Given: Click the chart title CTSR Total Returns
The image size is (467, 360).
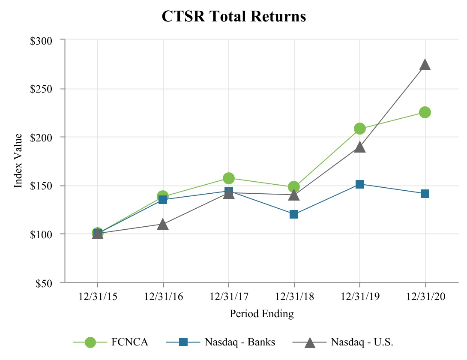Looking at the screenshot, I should (x=233, y=16).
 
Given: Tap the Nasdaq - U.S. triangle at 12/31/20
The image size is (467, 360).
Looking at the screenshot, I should (x=425, y=65).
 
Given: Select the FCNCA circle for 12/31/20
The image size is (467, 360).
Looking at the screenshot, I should (x=425, y=112).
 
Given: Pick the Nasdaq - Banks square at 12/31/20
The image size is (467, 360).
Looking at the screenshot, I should (x=425, y=194).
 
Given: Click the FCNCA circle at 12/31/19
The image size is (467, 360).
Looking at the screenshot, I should (x=360, y=129).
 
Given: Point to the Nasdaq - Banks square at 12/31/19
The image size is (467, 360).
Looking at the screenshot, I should (x=360, y=184).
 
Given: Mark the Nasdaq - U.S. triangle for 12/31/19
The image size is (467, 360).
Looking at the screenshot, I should (x=360, y=147).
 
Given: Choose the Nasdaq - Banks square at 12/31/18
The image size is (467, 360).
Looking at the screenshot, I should (x=294, y=214).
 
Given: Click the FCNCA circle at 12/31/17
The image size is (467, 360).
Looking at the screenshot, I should (x=228, y=178).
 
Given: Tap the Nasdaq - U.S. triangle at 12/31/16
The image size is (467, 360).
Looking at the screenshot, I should (x=163, y=224).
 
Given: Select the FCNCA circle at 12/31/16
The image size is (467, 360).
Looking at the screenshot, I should (x=163, y=196).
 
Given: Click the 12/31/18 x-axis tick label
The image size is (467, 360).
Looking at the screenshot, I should (x=294, y=297).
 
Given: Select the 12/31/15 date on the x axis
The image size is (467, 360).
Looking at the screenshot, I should (x=97, y=297).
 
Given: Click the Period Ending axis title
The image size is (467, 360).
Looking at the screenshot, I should (x=262, y=314).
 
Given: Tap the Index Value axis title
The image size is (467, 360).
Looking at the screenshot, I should (x=18, y=161).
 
